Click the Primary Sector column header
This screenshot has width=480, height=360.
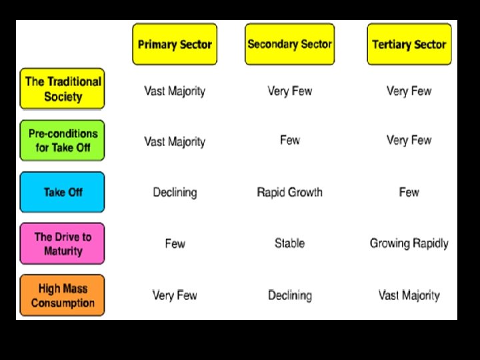(175, 45)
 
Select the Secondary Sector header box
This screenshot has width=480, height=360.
(289, 45)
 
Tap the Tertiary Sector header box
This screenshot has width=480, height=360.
(409, 45)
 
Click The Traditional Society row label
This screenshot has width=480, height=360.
(63, 89)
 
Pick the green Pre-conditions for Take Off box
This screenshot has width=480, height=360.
(63, 140)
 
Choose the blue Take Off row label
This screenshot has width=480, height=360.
(63, 192)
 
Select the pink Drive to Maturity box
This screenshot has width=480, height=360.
(63, 243)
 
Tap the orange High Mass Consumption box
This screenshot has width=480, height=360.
(63, 295)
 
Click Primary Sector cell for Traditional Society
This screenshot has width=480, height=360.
(175, 91)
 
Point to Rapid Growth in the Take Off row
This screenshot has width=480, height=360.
(289, 192)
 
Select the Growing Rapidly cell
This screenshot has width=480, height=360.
(409, 243)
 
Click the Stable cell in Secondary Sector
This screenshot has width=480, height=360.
(289, 243)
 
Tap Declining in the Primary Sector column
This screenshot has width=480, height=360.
(175, 192)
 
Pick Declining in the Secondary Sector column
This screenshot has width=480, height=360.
(289, 295)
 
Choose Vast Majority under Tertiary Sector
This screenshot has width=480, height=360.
(409, 295)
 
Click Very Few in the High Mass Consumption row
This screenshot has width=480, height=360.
(175, 295)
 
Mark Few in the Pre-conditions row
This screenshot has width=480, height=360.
(289, 140)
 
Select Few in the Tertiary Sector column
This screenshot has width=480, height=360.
(409, 192)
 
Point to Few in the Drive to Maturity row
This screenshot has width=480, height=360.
(175, 243)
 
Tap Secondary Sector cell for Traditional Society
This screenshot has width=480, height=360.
(289, 91)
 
